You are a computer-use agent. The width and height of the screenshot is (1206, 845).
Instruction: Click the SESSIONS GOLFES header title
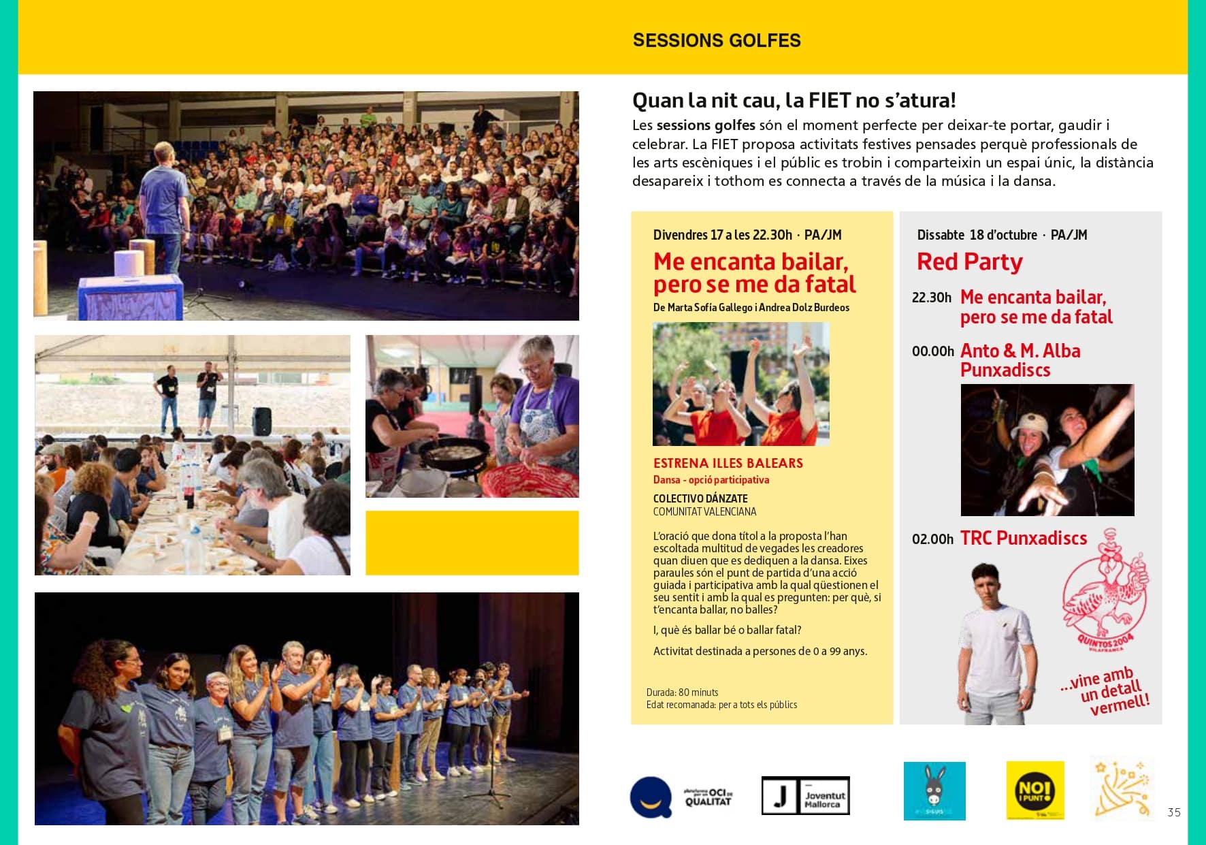coord(716,41)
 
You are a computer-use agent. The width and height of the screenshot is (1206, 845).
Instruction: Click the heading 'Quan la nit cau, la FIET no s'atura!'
coord(794,101)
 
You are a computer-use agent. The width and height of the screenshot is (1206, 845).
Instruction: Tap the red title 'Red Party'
coord(969,262)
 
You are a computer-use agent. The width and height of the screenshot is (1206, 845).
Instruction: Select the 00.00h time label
coord(932,351)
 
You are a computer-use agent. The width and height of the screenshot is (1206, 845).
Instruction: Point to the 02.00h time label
coord(932,539)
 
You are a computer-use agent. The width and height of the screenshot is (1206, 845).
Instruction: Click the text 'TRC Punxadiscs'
coord(1023,539)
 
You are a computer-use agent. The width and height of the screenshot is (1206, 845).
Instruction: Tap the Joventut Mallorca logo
coord(805,795)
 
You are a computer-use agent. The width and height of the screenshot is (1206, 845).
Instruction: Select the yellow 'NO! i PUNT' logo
coord(1034,791)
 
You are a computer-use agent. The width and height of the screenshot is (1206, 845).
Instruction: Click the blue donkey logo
coord(934,791)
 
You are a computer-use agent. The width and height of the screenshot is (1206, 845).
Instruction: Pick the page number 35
coord(1173,812)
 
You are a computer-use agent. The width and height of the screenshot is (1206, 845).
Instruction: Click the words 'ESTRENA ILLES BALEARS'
coord(728,464)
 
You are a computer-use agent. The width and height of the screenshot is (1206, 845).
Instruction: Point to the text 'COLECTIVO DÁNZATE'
coord(700,498)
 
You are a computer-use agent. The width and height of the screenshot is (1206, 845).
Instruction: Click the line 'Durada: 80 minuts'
coord(682,692)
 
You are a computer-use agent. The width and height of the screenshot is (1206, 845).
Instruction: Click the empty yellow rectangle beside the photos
coord(472,543)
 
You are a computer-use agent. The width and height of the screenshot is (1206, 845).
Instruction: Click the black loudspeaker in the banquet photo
coord(261,421)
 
